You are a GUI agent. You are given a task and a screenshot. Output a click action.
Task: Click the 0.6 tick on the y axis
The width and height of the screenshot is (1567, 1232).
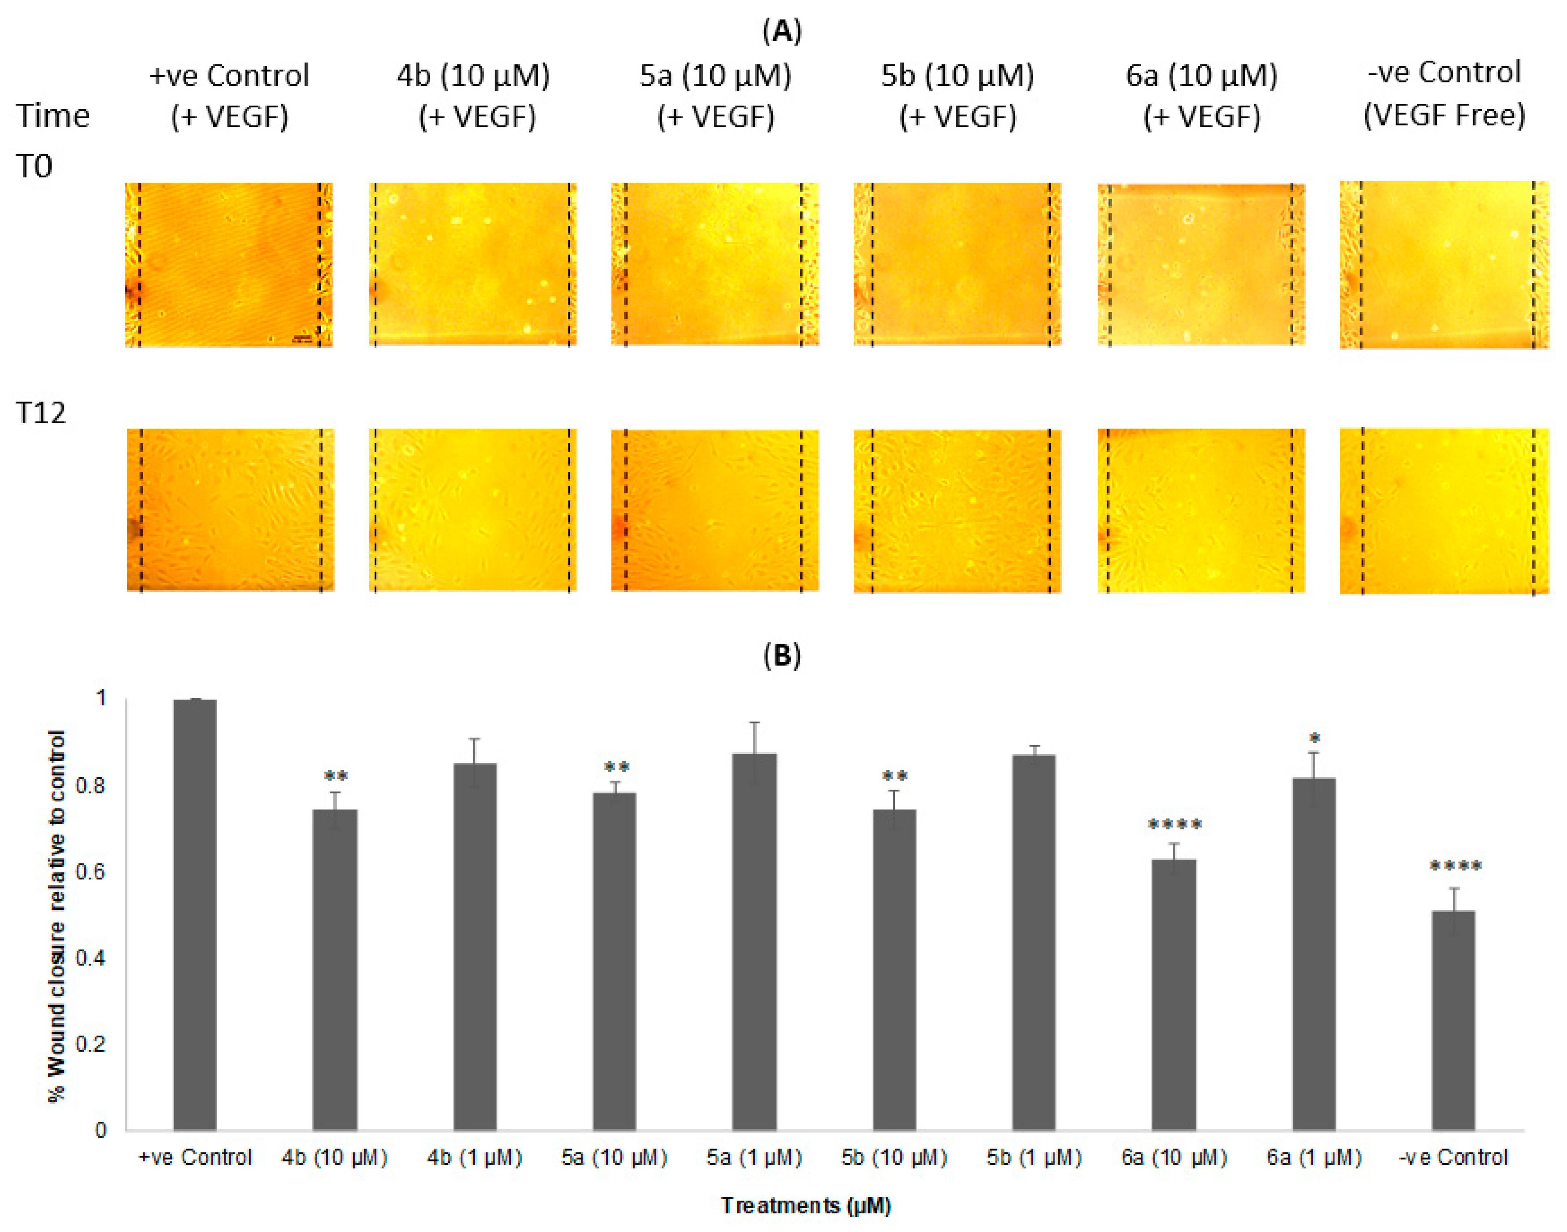(90, 871)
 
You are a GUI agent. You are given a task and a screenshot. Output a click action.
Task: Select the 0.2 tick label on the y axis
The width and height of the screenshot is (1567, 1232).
(90, 1044)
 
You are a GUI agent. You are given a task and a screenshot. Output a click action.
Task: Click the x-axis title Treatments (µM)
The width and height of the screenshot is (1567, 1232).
(806, 1205)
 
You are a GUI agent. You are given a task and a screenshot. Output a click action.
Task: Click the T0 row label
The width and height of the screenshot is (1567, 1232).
(34, 167)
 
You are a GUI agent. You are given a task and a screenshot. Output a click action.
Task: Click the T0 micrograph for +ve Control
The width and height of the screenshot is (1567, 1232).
(229, 265)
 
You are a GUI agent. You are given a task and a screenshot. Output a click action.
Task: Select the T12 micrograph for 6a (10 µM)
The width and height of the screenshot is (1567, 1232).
(1201, 511)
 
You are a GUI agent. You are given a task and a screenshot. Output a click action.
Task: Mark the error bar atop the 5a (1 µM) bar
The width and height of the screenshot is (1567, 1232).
(754, 737)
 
